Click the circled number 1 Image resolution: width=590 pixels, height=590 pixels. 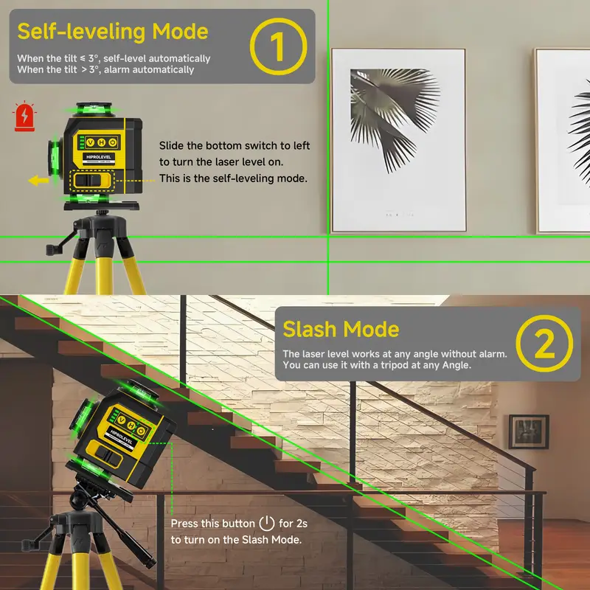tap(279, 46)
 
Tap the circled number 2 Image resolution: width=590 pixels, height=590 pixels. tap(544, 344)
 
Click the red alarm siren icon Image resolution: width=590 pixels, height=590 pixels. tap(24, 117)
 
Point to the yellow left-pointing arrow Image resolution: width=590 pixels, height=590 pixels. tap(38, 181)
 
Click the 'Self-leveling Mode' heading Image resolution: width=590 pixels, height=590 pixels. tap(113, 31)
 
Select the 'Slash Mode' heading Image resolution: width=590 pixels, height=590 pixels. tap(341, 329)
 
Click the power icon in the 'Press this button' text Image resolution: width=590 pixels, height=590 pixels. tap(267, 524)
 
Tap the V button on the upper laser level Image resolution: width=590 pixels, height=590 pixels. tap(90, 142)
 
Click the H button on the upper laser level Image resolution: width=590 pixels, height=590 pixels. tap(102, 142)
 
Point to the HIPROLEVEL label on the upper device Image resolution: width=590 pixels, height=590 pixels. tap(99, 157)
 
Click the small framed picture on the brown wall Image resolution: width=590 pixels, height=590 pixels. tap(529, 431)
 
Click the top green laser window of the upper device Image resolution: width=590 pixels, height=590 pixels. tap(88, 110)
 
